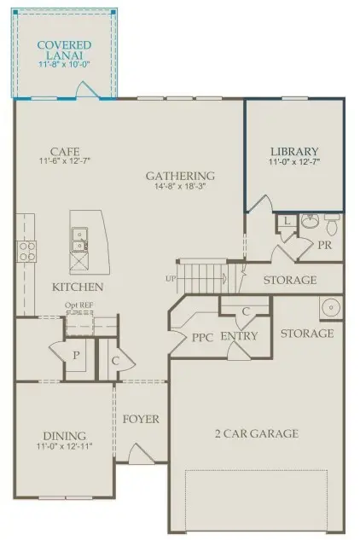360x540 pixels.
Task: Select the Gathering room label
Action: [x=179, y=177]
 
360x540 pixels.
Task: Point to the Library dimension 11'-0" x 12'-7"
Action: [x=296, y=162]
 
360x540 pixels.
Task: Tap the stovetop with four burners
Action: [x=26, y=252]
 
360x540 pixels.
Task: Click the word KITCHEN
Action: [x=78, y=287]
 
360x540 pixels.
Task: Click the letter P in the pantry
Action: [x=76, y=355]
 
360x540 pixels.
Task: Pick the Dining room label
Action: [x=64, y=433]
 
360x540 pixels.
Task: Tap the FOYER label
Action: [x=142, y=420]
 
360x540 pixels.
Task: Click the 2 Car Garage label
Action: [x=256, y=433]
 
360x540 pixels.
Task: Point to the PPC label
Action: [x=201, y=337]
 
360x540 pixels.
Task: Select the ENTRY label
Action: [x=239, y=337]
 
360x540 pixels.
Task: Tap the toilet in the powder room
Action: [x=331, y=226]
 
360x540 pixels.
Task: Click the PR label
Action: [x=323, y=245]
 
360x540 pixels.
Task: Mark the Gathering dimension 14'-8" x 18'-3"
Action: [x=179, y=189]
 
